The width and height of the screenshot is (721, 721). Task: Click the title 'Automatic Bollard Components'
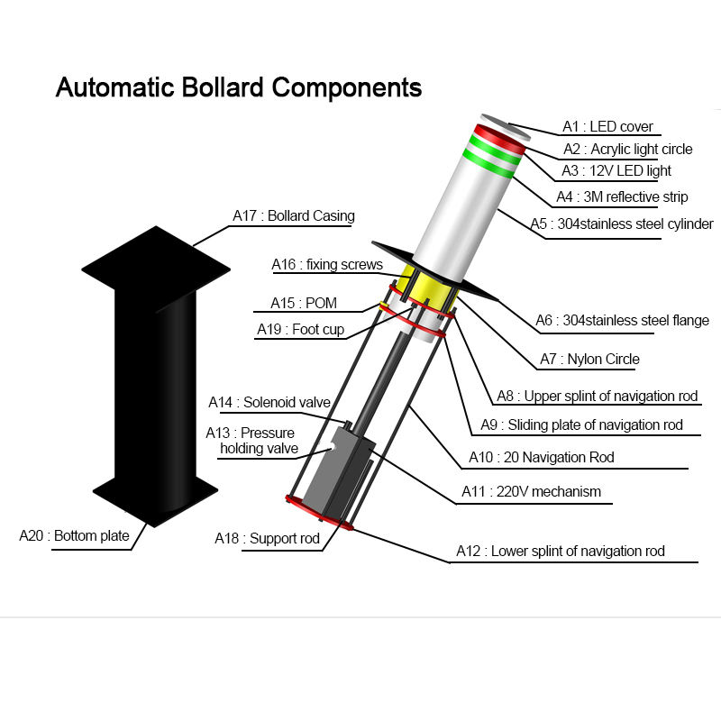click(x=239, y=87)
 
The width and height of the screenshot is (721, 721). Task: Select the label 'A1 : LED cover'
click(x=607, y=127)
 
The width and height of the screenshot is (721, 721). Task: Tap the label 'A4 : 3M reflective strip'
click(x=621, y=196)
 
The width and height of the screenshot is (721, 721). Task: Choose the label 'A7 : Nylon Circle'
click(x=589, y=359)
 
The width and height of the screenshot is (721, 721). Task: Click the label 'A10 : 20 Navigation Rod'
click(x=541, y=457)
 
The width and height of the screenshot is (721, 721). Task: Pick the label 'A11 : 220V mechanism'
click(x=531, y=492)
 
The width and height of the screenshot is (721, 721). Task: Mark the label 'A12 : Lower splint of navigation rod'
click(x=560, y=551)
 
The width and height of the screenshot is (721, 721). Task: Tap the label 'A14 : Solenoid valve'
click(x=269, y=402)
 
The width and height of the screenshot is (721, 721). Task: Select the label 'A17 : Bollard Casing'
click(x=293, y=215)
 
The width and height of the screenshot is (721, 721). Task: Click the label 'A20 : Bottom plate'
click(x=74, y=536)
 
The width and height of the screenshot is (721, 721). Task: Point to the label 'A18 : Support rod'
click(x=267, y=538)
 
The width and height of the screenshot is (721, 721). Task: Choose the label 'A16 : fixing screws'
click(x=327, y=264)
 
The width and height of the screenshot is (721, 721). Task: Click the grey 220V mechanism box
click(x=333, y=473)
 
